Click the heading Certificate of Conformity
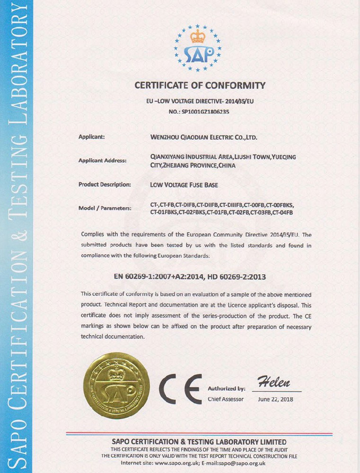[200, 86]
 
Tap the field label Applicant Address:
[102, 161]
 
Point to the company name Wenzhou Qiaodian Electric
[203, 137]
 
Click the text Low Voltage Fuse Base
[184, 185]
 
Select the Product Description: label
[105, 185]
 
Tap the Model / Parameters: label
[105, 209]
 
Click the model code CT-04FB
[283, 213]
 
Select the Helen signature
[273, 382]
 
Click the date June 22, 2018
[276, 399]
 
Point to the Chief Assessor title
[226, 399]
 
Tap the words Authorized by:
[226, 389]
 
